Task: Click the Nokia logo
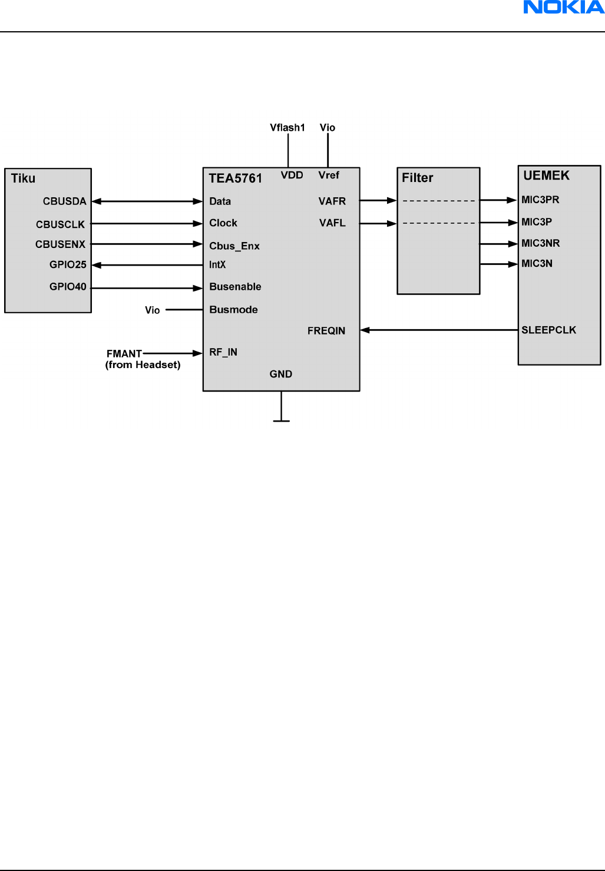[x=564, y=8]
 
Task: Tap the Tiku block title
[x=23, y=178]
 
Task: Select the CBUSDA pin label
[x=64, y=201]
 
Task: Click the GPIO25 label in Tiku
[x=68, y=265]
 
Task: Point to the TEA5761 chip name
[x=235, y=178]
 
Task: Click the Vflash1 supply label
[x=287, y=128]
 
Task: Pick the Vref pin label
[x=329, y=175]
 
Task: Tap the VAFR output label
[x=332, y=201]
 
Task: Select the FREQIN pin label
[x=326, y=331]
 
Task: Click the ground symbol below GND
[x=282, y=420]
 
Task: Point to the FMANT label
[x=124, y=354]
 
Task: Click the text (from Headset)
[x=143, y=365]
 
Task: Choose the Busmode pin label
[x=233, y=310]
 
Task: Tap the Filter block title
[x=417, y=178]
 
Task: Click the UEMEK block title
[x=547, y=175]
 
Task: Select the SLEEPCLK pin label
[x=548, y=330]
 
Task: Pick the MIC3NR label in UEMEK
[x=540, y=243]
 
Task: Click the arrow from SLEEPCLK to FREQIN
[x=439, y=330]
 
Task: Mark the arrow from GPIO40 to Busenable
[x=147, y=288]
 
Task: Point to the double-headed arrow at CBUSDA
[x=147, y=201]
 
